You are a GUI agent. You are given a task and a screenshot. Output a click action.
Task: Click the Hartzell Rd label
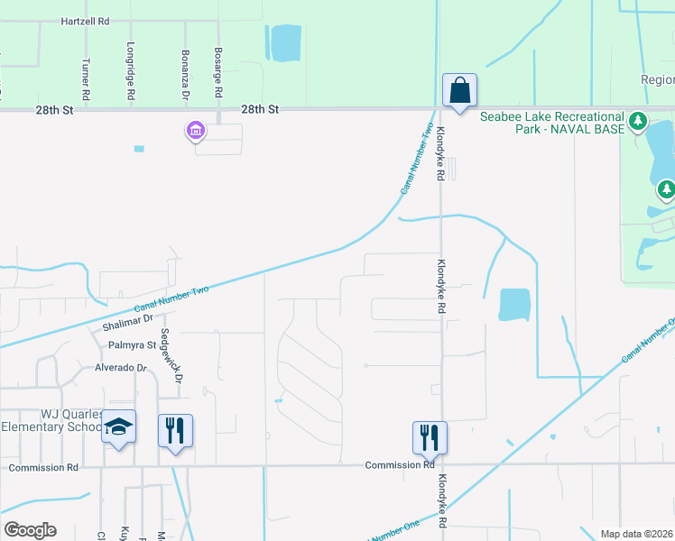85,20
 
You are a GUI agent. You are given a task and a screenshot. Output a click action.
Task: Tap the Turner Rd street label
86,79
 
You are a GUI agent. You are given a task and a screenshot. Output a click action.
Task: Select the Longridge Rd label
131,71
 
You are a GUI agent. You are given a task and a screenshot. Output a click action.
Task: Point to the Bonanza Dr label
185,75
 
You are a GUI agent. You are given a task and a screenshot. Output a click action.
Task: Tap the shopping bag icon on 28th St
459,91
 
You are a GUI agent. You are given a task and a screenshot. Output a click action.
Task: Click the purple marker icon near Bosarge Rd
196,132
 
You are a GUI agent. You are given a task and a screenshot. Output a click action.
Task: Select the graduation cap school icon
118,427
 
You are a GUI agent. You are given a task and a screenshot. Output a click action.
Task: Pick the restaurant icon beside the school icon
175,430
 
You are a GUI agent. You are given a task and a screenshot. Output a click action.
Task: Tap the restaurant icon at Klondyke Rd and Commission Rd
430,437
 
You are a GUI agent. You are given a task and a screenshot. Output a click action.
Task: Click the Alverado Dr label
121,368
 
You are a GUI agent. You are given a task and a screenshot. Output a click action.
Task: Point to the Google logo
30,530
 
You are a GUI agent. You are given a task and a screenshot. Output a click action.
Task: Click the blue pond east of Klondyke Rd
514,305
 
